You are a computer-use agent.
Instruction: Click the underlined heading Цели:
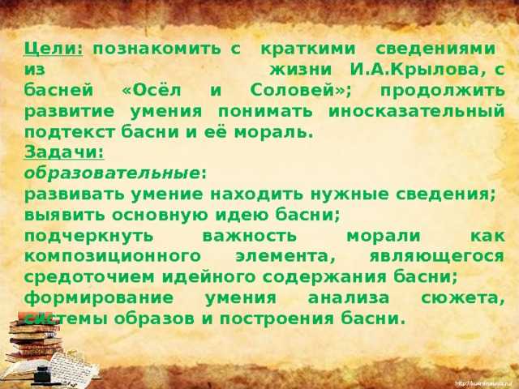coord(54,49)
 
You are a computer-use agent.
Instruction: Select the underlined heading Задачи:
coord(64,153)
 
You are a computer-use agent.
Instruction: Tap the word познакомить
coord(157,49)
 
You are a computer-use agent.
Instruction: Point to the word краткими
coord(308,49)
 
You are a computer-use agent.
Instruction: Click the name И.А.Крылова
coord(414,71)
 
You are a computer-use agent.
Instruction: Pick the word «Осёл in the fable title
coord(152,91)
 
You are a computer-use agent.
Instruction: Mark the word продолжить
coord(443,91)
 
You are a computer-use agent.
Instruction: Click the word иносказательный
coord(417,112)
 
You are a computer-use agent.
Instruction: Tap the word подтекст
coord(69,132)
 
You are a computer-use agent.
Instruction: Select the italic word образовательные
coord(112,173)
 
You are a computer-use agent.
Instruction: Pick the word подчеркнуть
coord(88,237)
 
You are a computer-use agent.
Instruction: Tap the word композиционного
coord(112,257)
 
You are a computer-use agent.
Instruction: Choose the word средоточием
coord(89,277)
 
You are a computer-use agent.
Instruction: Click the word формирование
coord(99,298)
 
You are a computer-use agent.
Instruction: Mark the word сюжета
coord(463,298)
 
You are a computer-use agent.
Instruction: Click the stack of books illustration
coord(35,337)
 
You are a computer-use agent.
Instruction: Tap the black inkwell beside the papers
coord(42,373)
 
